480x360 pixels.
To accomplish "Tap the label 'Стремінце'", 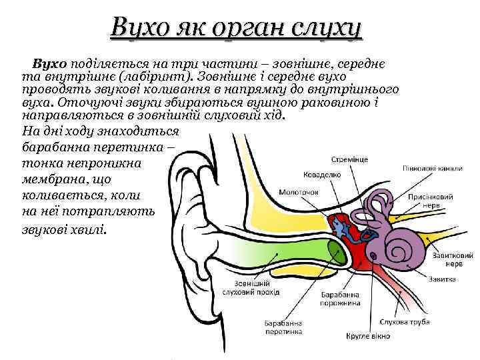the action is click(349, 160).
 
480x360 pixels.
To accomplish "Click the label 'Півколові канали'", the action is click(432, 169).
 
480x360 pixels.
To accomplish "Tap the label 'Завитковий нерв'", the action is click(451, 259).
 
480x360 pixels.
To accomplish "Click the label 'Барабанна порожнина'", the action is click(340, 298).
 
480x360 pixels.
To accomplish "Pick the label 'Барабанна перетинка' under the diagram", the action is click(283, 325).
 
